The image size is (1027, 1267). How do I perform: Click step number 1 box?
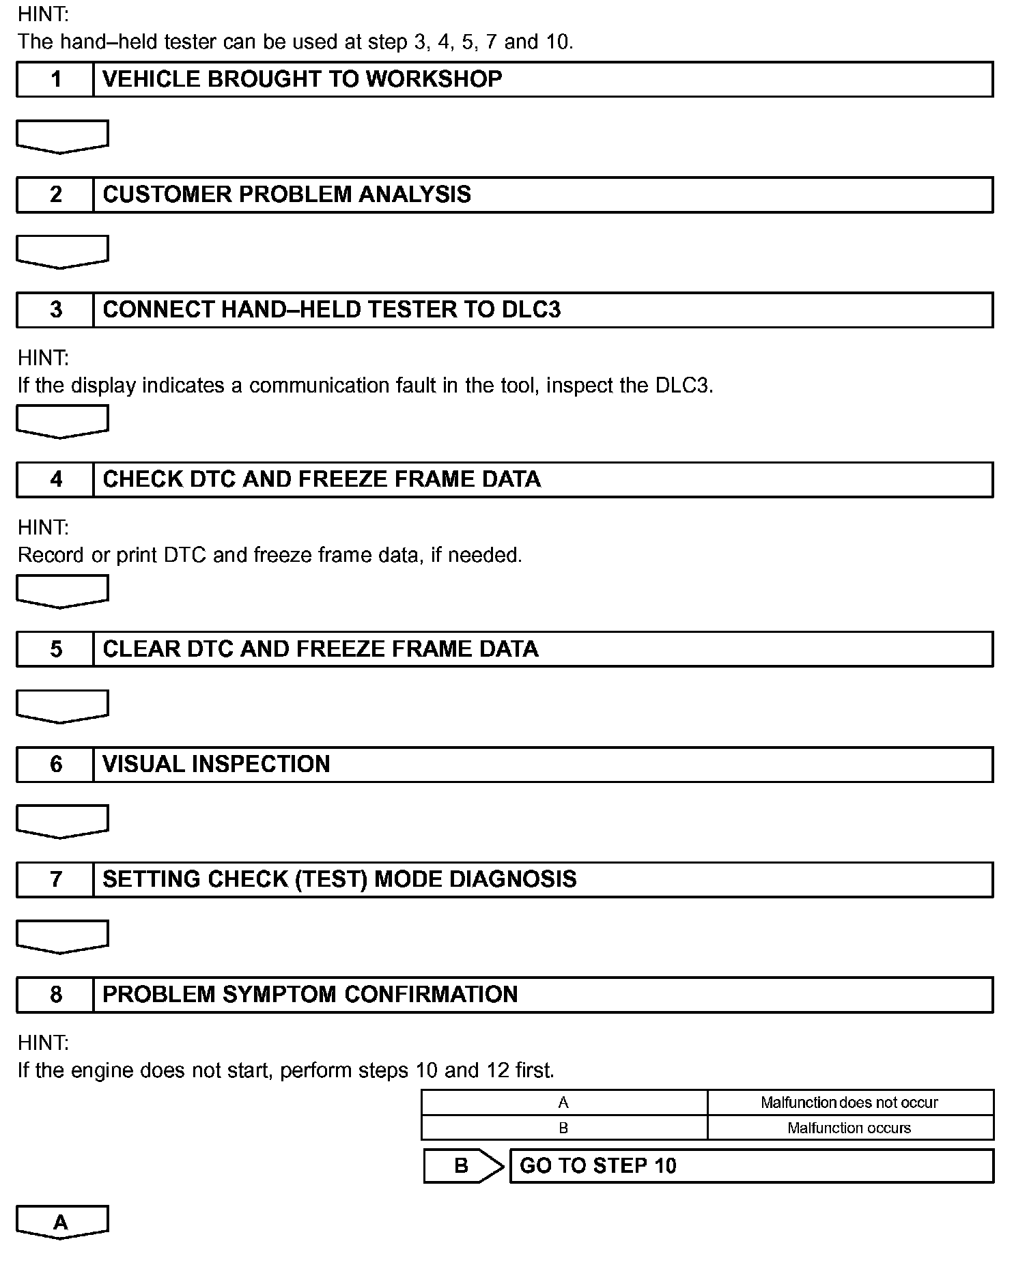55,79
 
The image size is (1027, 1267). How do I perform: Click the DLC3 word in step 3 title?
531,310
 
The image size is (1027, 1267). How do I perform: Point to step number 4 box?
55,479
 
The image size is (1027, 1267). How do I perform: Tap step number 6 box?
55,764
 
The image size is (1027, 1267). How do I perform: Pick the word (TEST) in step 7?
331,879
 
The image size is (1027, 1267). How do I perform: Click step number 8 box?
55,995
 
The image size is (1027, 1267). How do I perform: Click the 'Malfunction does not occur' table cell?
849,1102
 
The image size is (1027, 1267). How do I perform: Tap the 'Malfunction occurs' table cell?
849,1128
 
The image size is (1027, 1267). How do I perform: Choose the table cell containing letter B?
563,1128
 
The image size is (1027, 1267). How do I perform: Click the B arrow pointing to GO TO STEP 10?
462,1166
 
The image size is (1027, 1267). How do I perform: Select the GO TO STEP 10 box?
751,1166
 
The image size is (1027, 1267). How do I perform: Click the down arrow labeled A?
61,1222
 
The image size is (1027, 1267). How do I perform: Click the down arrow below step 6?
61,821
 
